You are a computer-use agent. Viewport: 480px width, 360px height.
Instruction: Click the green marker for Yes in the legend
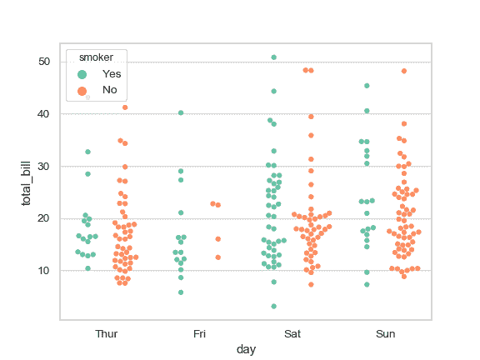(82, 74)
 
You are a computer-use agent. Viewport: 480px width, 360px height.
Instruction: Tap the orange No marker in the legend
(82, 90)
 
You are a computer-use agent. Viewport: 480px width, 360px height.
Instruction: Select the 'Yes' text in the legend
(111, 74)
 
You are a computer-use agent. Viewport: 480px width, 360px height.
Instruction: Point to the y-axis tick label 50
(47, 62)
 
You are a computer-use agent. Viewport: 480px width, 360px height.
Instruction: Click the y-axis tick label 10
(47, 271)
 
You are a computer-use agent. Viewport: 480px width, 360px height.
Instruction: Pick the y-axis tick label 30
(47, 166)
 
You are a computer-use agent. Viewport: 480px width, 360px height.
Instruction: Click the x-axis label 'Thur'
(107, 334)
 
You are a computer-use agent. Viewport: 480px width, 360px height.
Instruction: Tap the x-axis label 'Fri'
(199, 334)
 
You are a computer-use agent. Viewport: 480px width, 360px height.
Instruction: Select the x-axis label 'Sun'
(385, 334)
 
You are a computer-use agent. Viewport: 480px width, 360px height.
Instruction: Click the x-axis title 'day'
(246, 350)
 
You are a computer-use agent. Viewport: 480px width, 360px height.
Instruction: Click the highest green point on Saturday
(273, 57)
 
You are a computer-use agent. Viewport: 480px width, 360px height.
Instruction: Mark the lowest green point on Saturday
(273, 307)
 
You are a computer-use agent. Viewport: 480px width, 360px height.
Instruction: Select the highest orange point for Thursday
(125, 107)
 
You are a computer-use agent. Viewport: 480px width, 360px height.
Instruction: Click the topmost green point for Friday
(181, 112)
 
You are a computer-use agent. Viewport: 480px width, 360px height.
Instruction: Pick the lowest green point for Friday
(181, 292)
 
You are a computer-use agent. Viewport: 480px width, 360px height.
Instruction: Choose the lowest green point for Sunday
(367, 285)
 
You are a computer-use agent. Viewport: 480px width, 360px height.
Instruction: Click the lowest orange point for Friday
(218, 257)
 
